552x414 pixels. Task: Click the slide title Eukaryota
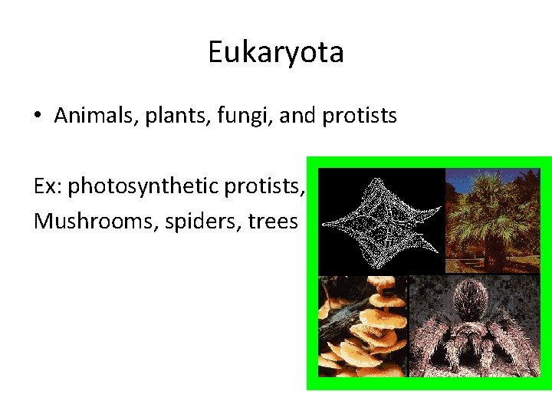(275, 53)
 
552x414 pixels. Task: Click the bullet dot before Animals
(38, 117)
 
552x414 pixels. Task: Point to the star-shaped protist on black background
(381, 222)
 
